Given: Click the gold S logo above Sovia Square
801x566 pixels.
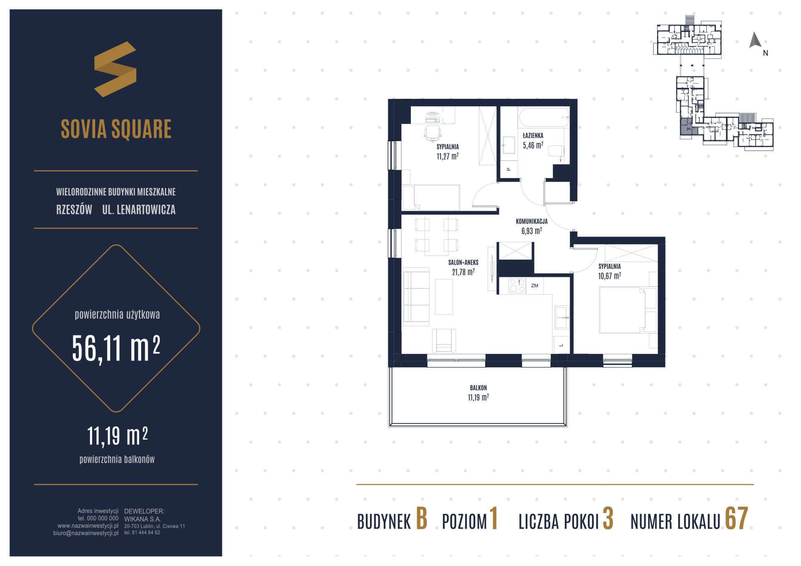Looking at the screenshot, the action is pyautogui.click(x=115, y=69).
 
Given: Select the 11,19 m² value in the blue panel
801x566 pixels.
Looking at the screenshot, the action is pyautogui.click(x=117, y=436).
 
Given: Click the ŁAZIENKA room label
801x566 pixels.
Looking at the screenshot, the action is pyautogui.click(x=533, y=135).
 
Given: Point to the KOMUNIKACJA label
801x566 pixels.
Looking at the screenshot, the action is pyautogui.click(x=531, y=222).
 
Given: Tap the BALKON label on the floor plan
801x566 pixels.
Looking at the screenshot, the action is pyautogui.click(x=478, y=388).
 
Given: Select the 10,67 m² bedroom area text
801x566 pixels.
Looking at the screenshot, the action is pyautogui.click(x=610, y=276).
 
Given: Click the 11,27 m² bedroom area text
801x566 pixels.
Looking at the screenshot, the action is pyautogui.click(x=448, y=156).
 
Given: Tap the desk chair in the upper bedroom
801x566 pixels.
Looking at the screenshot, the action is pyautogui.click(x=433, y=133).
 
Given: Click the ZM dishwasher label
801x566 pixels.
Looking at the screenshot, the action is pyautogui.click(x=534, y=286).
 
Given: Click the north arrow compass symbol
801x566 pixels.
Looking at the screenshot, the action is pyautogui.click(x=755, y=40).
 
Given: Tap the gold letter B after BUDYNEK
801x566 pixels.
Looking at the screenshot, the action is pyautogui.click(x=421, y=519).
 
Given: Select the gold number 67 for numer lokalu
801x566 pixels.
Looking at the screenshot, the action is pyautogui.click(x=736, y=519).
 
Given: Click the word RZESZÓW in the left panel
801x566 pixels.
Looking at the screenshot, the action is pyautogui.click(x=74, y=210).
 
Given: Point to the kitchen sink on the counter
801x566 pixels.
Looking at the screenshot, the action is pyautogui.click(x=561, y=317).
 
